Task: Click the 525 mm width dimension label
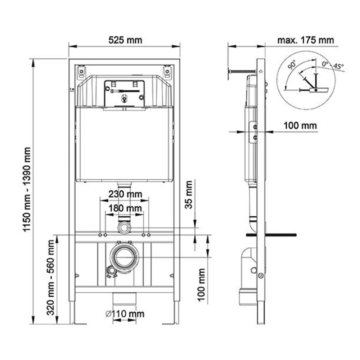pyautogui.click(x=125, y=40)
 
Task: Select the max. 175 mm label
pyautogui.click(x=306, y=40)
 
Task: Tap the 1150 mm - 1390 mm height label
pyautogui.click(x=27, y=189)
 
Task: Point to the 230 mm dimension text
pyautogui.click(x=125, y=194)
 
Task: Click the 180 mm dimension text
pyautogui.click(x=125, y=208)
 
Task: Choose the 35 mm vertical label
pyautogui.click(x=189, y=195)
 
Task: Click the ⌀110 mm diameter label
pyautogui.click(x=125, y=314)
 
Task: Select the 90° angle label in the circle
pyautogui.click(x=292, y=64)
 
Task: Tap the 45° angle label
pyautogui.click(x=338, y=66)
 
